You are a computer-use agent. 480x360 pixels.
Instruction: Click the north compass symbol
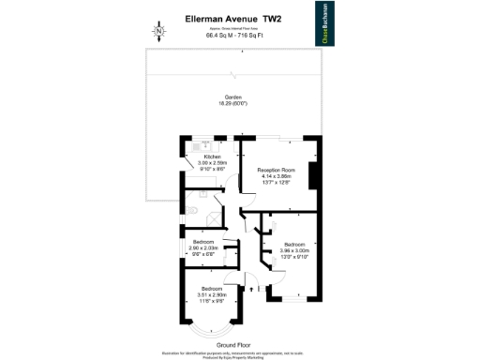[158, 32]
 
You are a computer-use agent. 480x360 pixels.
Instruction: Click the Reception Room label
[277, 169]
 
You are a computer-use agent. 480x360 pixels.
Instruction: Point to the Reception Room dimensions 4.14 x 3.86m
[277, 175]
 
